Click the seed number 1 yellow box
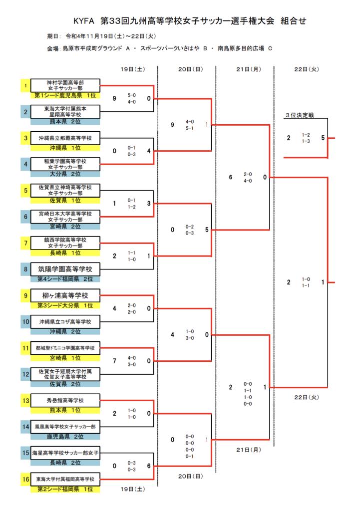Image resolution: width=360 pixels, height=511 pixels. point(25,85)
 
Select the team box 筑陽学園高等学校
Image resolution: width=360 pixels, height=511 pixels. point(65,269)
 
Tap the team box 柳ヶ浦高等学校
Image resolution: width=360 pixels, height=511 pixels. point(65,295)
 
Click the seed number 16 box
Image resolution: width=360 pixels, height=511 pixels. point(25,479)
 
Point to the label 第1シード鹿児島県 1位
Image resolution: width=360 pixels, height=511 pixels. point(65,95)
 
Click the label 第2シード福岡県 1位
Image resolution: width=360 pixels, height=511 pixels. point(65,489)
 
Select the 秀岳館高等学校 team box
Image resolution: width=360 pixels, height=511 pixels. point(65,401)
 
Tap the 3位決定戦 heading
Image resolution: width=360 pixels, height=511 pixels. point(300,115)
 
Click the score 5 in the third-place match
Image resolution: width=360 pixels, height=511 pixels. point(323,138)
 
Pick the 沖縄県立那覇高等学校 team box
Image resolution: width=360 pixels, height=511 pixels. point(65,138)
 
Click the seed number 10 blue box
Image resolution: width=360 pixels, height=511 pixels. point(25,322)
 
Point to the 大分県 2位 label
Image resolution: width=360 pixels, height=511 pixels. point(65,174)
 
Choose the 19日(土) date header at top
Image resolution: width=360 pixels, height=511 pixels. point(133,69)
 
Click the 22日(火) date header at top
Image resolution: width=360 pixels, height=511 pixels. point(307,69)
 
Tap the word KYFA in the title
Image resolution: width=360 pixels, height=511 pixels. point(84,21)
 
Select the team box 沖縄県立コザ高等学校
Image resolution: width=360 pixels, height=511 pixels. point(65,322)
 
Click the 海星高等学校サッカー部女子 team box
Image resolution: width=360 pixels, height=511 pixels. point(65,453)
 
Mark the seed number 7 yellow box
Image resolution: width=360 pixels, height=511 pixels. point(25,243)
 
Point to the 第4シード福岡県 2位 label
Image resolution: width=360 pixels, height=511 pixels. point(65,279)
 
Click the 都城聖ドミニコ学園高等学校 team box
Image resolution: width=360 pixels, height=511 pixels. point(65,348)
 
